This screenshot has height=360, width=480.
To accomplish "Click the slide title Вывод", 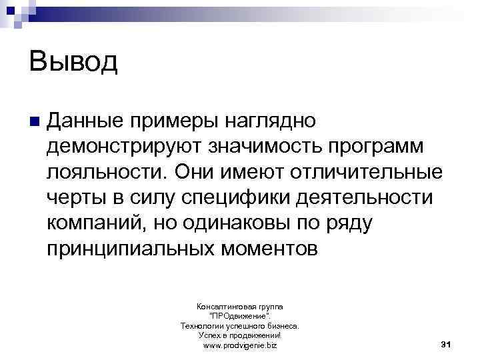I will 73,63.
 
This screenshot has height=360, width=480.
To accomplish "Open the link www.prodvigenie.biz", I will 239,346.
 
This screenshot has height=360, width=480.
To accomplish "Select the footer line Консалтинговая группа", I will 239,306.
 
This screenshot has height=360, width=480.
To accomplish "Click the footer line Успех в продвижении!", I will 239,336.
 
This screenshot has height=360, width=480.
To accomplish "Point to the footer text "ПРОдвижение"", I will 239,316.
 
